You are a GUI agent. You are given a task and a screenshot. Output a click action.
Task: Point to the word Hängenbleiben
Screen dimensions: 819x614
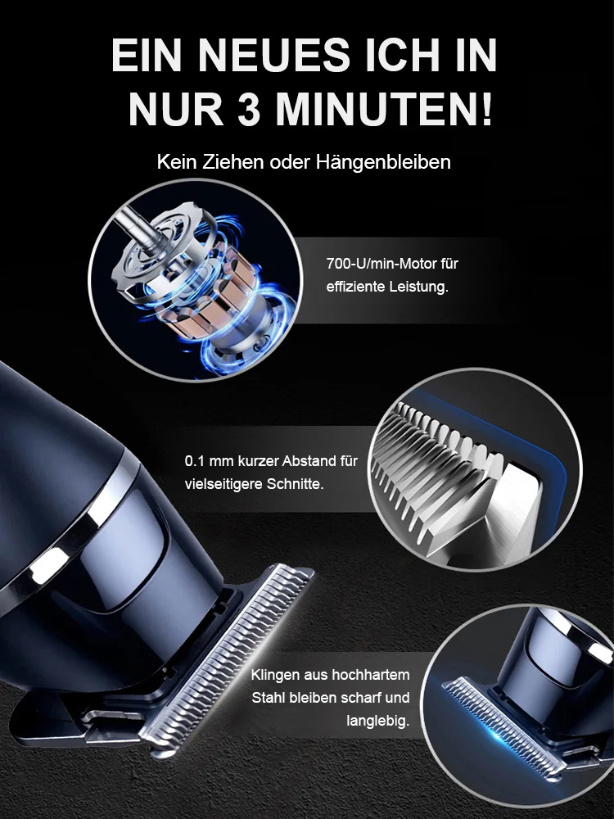point(383,162)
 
